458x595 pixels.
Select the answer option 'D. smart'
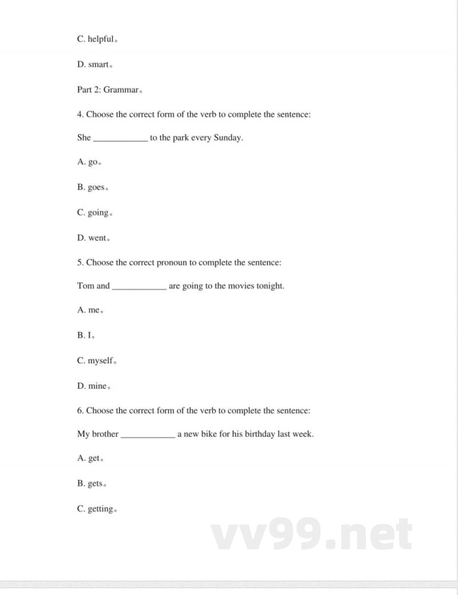[x=93, y=65]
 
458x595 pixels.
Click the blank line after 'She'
[x=120, y=138]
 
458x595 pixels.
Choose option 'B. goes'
[x=92, y=187]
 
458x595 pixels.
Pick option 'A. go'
[x=89, y=162]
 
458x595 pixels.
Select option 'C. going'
[x=93, y=212]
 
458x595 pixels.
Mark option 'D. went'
[x=93, y=238]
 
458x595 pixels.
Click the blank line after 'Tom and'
[x=139, y=286]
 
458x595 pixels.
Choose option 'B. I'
[x=85, y=336]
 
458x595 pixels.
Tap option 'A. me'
[x=89, y=310]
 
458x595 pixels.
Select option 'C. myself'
[x=96, y=361]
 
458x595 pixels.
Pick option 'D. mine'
[x=93, y=386]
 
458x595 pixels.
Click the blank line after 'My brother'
[x=148, y=435]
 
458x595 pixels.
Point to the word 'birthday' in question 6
[x=258, y=434]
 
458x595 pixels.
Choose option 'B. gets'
[x=91, y=484]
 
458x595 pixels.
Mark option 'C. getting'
[x=96, y=509]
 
